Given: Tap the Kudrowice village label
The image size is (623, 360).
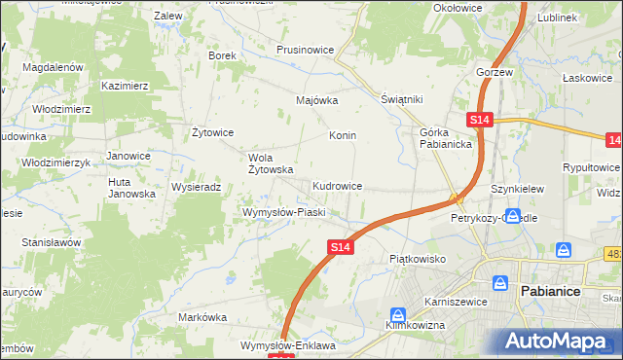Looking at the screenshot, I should (338, 185).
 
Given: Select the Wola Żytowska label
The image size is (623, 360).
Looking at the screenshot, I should (272, 163).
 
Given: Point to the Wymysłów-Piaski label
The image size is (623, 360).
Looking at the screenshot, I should (282, 212).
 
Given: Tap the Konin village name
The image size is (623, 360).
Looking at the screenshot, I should (342, 135).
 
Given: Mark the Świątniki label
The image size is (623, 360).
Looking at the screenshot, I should (400, 99).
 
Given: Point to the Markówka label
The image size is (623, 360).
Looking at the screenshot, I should (202, 317).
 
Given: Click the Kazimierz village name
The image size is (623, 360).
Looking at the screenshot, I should (125, 87).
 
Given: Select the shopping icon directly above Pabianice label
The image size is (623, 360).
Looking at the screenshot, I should (501, 283).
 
